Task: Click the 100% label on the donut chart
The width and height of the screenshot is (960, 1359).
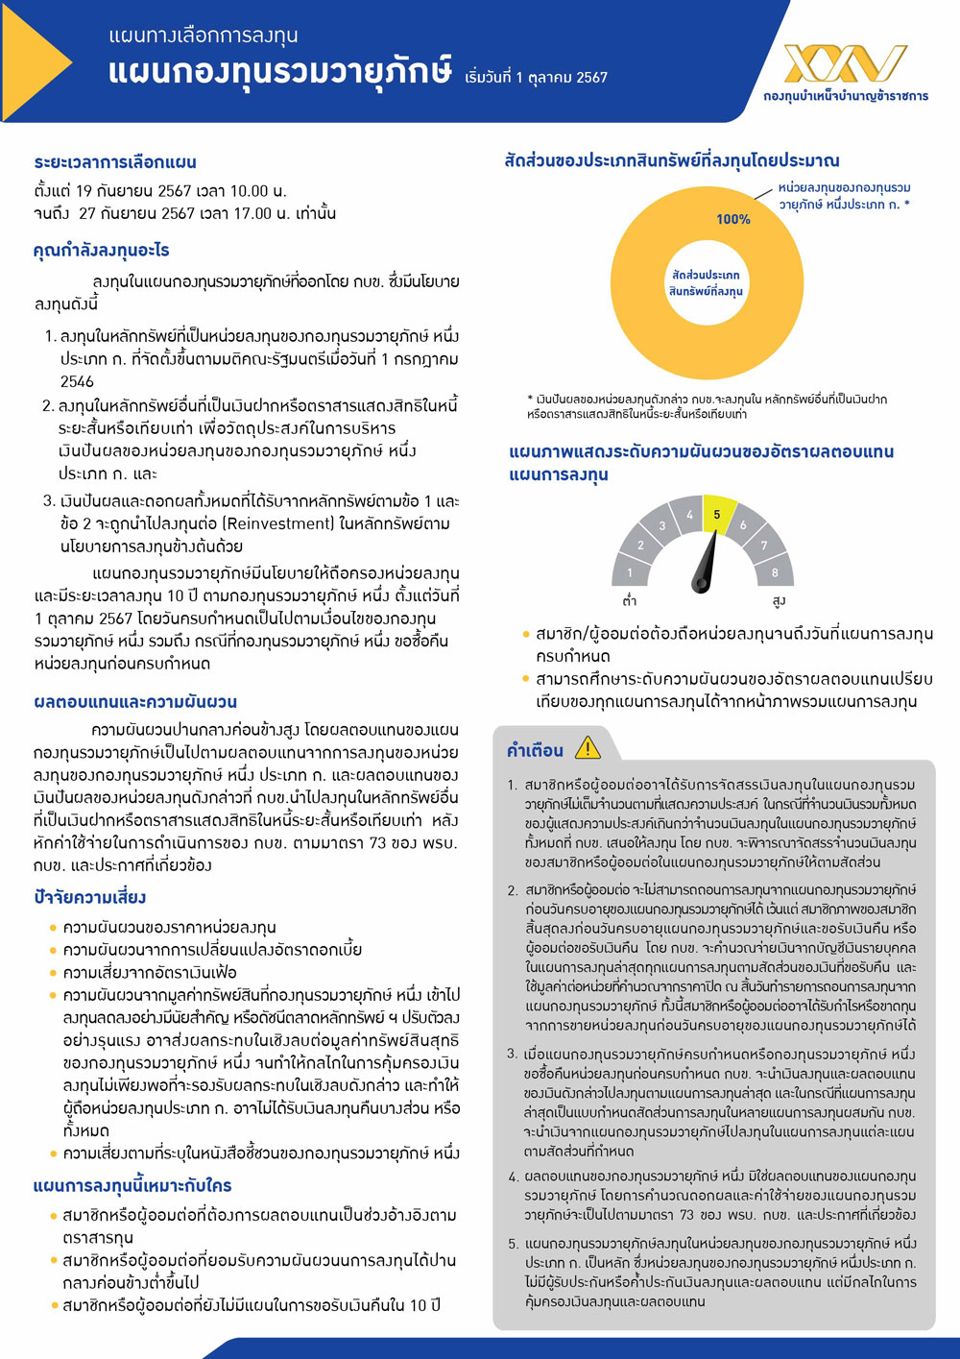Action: (732, 220)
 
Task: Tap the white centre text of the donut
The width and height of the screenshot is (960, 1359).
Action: (706, 282)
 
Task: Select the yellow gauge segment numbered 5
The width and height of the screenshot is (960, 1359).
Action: (717, 513)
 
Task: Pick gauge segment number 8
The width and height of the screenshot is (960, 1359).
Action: (775, 572)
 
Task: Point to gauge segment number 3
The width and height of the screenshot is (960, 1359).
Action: (661, 525)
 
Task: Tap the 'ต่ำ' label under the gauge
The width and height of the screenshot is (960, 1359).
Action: (630, 601)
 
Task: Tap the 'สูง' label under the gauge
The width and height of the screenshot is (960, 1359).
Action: (779, 601)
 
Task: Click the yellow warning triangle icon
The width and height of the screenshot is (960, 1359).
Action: (587, 747)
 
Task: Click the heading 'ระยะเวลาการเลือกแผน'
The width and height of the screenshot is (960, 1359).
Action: (115, 162)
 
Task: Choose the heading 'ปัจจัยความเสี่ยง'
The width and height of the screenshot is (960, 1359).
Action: (89, 897)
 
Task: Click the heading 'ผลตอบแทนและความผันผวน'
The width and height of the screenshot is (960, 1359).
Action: (135, 702)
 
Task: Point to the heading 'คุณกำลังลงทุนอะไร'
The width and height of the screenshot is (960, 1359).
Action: (101, 251)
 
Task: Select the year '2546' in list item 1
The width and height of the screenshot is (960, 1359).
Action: (77, 381)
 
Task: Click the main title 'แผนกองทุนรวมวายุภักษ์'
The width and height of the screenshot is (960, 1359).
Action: (279, 74)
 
